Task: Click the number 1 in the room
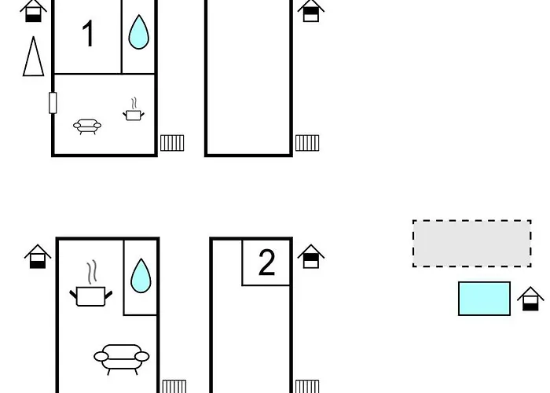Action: (89, 33)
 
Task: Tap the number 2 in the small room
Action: (266, 262)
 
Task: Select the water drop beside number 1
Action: (138, 32)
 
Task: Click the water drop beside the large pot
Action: (141, 276)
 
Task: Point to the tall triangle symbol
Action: (33, 56)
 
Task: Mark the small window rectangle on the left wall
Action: (53, 103)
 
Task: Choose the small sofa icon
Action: (87, 127)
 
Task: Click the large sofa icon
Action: (121, 358)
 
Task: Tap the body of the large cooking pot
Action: (90, 297)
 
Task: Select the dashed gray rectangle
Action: (471, 244)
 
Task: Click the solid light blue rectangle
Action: (484, 299)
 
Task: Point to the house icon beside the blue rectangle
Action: (530, 299)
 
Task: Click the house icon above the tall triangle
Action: (33, 10)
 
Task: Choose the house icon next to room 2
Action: (311, 256)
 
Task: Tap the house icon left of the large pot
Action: (38, 256)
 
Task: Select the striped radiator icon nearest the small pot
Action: (172, 143)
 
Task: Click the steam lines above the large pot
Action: (92, 272)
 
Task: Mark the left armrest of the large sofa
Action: (101, 357)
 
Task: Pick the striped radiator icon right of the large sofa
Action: (174, 387)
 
